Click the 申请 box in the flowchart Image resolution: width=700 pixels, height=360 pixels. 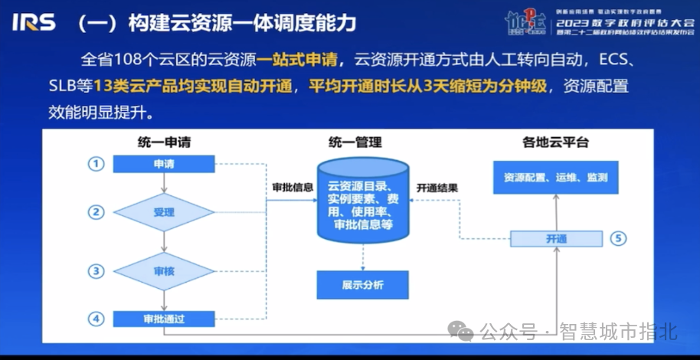[164, 164]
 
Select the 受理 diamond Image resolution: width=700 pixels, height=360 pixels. [164, 211]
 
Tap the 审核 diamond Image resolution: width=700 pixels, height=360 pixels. [164, 270]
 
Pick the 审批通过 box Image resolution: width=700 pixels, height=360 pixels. [164, 318]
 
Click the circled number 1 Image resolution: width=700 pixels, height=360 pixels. [95, 164]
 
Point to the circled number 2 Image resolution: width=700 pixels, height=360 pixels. [95, 211]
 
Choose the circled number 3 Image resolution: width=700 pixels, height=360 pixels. [95, 270]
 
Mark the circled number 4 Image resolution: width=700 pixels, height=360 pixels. [95, 318]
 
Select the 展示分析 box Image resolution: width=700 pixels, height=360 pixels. [362, 285]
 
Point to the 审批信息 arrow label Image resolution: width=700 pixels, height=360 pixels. [292, 187]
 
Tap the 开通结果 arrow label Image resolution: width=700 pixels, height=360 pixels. [437, 187]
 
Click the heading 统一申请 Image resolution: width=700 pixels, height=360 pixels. [165, 142]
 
